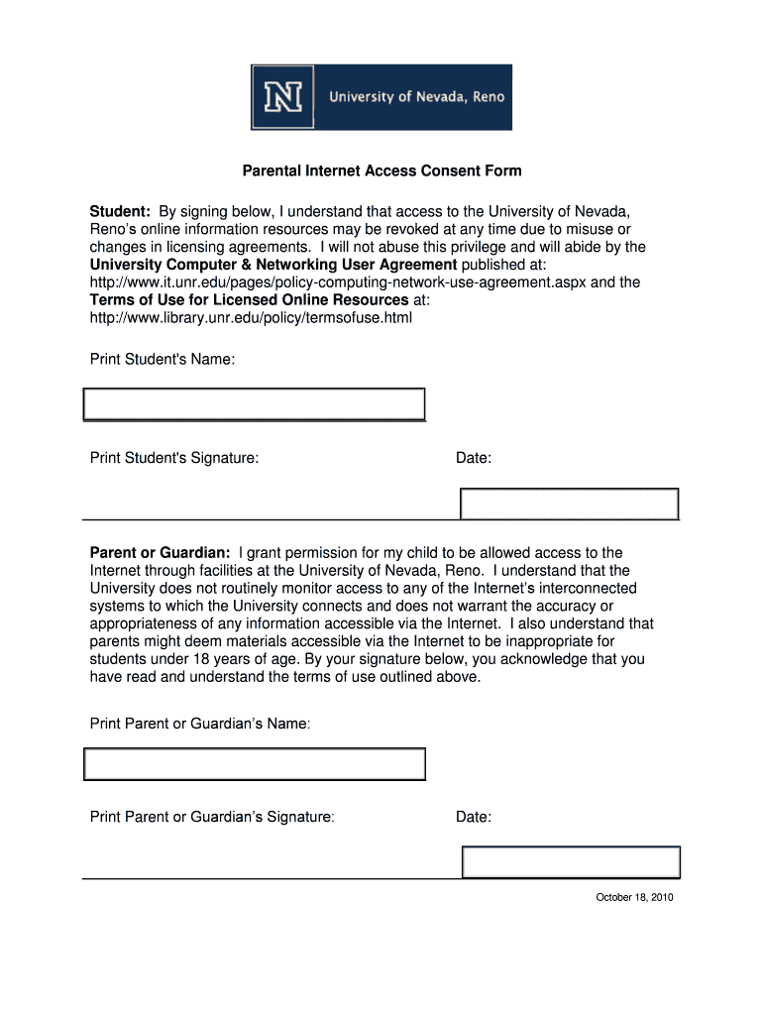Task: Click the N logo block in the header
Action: [283, 97]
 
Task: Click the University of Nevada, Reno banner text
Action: [416, 97]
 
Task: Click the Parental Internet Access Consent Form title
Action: [381, 170]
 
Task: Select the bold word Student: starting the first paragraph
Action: [120, 211]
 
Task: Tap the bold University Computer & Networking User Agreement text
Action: [273, 265]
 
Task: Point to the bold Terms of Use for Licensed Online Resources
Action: [249, 300]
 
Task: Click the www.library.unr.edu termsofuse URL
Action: [251, 318]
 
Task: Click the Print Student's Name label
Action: [163, 359]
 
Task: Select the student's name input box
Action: [254, 404]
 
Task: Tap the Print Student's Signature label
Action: [174, 458]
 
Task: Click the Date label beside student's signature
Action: [474, 458]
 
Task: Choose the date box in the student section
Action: [570, 504]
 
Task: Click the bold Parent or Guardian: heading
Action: [161, 552]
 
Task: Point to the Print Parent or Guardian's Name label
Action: [200, 724]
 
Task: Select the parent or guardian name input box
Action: [254, 764]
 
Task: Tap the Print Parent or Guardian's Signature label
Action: [212, 817]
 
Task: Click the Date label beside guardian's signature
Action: [474, 817]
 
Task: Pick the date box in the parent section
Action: [571, 862]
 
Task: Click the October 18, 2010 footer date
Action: [634, 898]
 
